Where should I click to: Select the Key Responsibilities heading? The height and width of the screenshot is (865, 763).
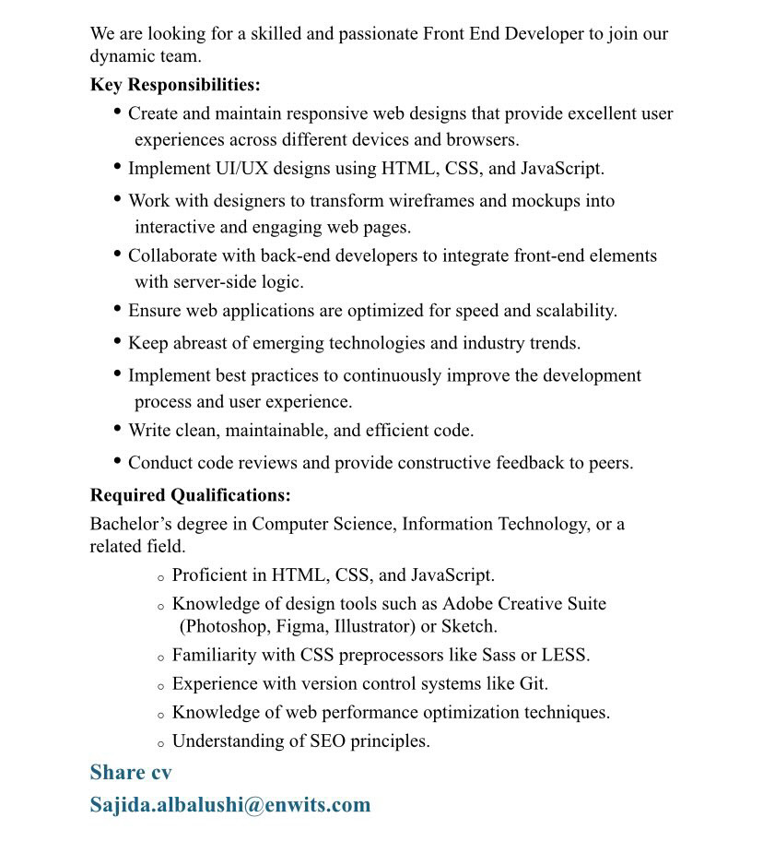pyautogui.click(x=175, y=85)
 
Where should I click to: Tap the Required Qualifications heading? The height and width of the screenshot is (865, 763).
pyautogui.click(x=190, y=495)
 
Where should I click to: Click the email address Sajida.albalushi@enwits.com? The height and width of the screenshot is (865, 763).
pyautogui.click(x=229, y=804)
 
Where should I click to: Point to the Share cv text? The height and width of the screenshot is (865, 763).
pyautogui.click(x=130, y=772)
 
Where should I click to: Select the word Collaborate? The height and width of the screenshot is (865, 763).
pyautogui.click(x=172, y=255)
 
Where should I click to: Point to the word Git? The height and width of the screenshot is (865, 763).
pyautogui.click(x=534, y=684)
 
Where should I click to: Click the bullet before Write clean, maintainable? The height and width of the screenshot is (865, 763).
pyautogui.click(x=118, y=429)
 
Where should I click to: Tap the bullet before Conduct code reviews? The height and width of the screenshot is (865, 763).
pyautogui.click(x=118, y=461)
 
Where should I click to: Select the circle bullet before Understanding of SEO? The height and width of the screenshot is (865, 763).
pyautogui.click(x=161, y=743)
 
